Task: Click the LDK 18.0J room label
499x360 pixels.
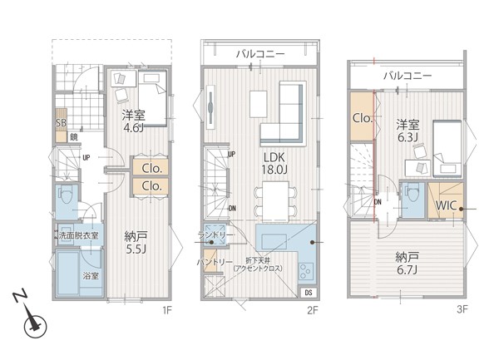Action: click(x=274, y=164)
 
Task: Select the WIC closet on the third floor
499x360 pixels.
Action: click(x=446, y=200)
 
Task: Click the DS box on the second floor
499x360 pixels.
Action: click(x=309, y=293)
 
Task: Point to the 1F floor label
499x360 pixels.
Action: click(x=167, y=310)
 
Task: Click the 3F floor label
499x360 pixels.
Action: click(x=462, y=309)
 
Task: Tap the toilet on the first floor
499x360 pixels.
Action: click(x=67, y=195)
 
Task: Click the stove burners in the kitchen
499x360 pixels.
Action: click(x=306, y=271)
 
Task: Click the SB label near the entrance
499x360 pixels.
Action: click(x=61, y=123)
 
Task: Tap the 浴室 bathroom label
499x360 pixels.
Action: click(x=91, y=276)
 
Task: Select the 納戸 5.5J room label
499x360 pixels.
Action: click(x=136, y=242)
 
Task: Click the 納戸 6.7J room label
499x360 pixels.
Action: click(x=408, y=264)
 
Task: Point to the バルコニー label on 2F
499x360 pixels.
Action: click(x=260, y=54)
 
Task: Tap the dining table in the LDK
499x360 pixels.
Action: click(x=275, y=202)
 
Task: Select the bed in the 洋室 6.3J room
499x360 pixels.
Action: click(x=447, y=149)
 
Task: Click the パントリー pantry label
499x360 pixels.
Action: click(x=215, y=263)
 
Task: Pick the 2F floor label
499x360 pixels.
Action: click(x=313, y=310)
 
